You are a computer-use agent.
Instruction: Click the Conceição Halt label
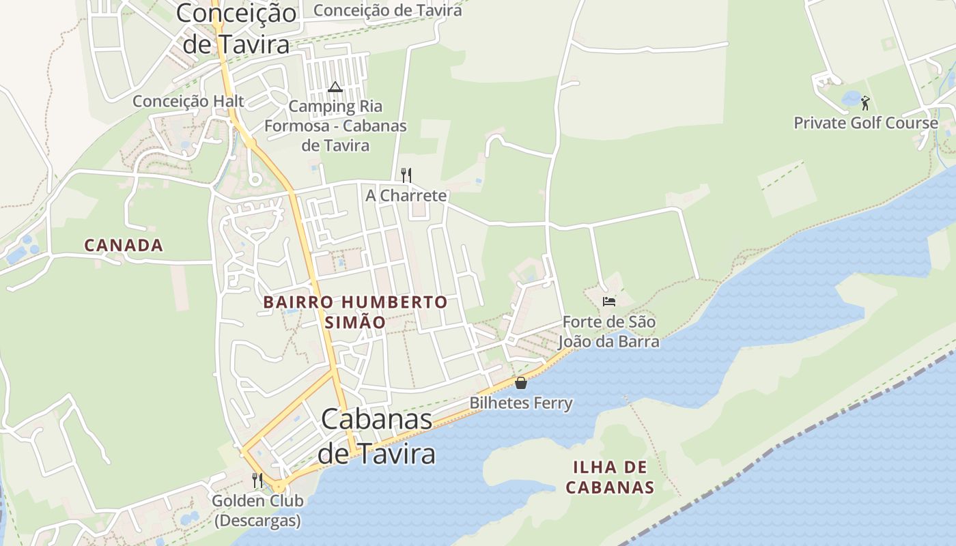(x=188, y=101)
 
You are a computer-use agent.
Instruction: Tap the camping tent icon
(x=335, y=87)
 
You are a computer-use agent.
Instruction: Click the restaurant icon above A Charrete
(x=406, y=175)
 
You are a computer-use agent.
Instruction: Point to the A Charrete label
(x=406, y=195)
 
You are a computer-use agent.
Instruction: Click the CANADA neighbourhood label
(x=124, y=245)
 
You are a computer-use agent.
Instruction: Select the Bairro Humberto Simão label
(x=355, y=311)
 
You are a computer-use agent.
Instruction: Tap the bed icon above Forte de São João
(x=609, y=301)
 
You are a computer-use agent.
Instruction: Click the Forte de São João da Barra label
(x=609, y=331)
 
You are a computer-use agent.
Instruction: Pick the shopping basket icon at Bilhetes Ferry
(x=521, y=383)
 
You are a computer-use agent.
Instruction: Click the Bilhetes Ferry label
(x=521, y=403)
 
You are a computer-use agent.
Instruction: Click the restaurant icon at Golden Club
(x=257, y=480)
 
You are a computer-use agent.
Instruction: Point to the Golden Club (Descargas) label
(x=257, y=510)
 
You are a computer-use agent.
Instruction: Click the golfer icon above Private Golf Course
(x=866, y=103)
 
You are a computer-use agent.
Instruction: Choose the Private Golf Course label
(x=866, y=123)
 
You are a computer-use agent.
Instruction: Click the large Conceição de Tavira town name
(x=236, y=27)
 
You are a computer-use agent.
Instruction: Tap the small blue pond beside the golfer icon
(x=851, y=99)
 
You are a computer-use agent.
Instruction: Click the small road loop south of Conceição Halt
(x=255, y=179)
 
